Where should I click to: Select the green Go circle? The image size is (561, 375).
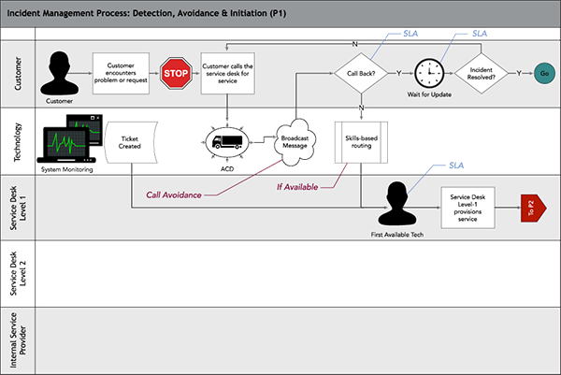(543, 72)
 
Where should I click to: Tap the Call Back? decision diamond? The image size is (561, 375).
(361, 72)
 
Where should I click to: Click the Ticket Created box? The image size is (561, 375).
(131, 143)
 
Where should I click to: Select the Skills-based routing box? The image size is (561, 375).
(360, 142)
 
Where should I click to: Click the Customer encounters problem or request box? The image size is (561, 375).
(122, 72)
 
